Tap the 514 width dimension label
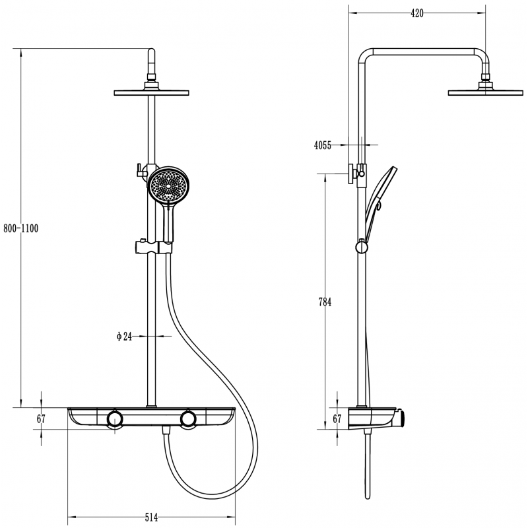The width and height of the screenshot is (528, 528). click(x=151, y=518)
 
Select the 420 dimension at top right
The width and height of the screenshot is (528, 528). click(x=416, y=13)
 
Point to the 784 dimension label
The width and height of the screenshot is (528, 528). click(x=324, y=302)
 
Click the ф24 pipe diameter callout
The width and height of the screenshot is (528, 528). click(x=124, y=337)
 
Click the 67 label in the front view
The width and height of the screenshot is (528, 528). click(x=41, y=419)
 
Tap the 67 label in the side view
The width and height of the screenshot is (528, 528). click(x=337, y=419)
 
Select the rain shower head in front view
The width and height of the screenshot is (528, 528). click(x=151, y=92)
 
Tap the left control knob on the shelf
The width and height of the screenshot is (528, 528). click(x=115, y=420)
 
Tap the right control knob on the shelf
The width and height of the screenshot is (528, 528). click(x=189, y=420)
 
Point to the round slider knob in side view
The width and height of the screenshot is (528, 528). click(x=361, y=247)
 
